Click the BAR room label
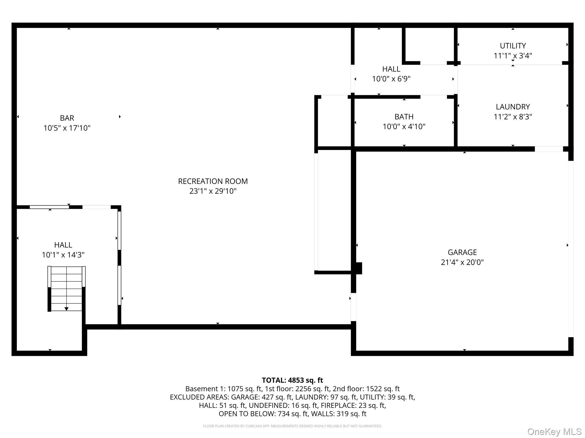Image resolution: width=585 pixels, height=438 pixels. (67, 118)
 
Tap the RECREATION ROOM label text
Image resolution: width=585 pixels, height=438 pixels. (213, 181)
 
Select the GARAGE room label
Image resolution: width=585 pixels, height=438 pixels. (462, 252)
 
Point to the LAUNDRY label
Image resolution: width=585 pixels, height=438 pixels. (513, 107)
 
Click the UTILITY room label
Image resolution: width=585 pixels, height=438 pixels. (513, 46)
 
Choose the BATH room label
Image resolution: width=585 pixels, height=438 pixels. (404, 117)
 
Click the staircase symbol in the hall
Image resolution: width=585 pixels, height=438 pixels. (66, 289)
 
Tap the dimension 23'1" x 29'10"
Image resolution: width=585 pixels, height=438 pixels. (213, 191)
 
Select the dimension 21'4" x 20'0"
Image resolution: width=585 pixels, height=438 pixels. (462, 262)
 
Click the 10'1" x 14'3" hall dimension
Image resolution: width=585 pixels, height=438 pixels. (63, 255)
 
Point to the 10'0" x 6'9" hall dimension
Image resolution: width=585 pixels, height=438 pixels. (391, 79)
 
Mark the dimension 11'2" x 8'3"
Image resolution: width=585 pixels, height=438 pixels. (513, 117)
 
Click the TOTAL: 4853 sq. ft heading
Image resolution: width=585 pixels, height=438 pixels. (292, 380)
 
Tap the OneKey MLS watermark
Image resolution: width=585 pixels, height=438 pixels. (554, 431)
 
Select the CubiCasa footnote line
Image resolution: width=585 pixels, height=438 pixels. (292, 426)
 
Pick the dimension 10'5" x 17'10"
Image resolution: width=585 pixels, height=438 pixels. (67, 128)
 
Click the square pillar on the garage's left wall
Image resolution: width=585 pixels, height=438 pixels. (359, 268)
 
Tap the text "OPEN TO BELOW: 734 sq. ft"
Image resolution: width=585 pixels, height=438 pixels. (263, 414)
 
